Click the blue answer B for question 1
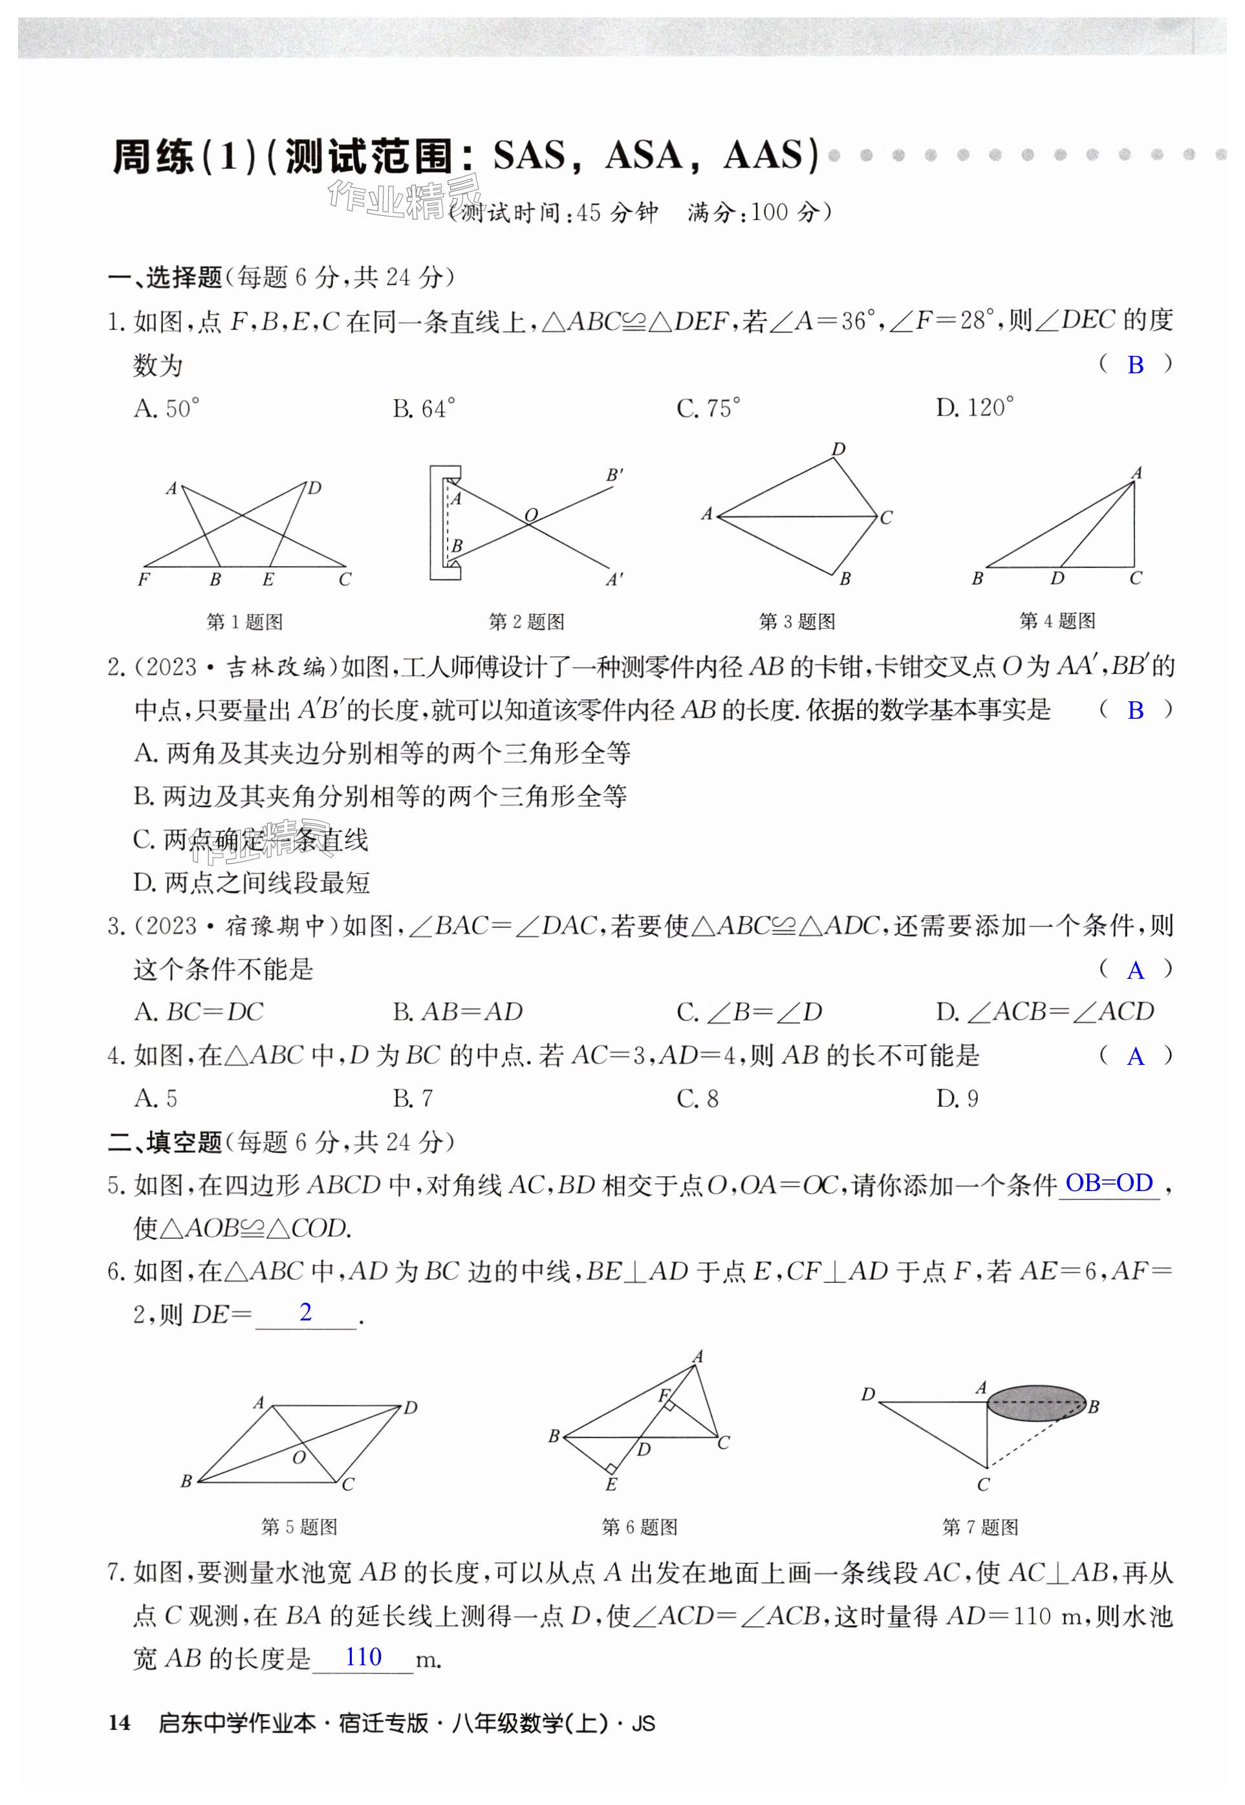coord(1135,364)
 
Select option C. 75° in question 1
coord(708,408)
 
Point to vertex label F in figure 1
coord(144,579)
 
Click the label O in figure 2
coord(531,515)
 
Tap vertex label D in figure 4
coord(1057,578)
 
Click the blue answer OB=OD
coord(1109,1183)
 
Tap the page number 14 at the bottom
coord(120,1722)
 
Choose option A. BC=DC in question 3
coord(199,1012)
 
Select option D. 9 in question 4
coord(957,1099)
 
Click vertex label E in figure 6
coord(611,1484)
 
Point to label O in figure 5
coord(299,1457)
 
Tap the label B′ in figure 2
coord(614,474)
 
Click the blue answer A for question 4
coord(1135,1056)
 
